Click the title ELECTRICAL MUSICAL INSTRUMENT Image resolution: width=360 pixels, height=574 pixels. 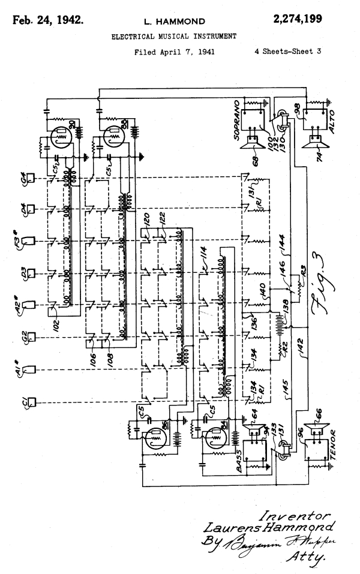174,37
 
